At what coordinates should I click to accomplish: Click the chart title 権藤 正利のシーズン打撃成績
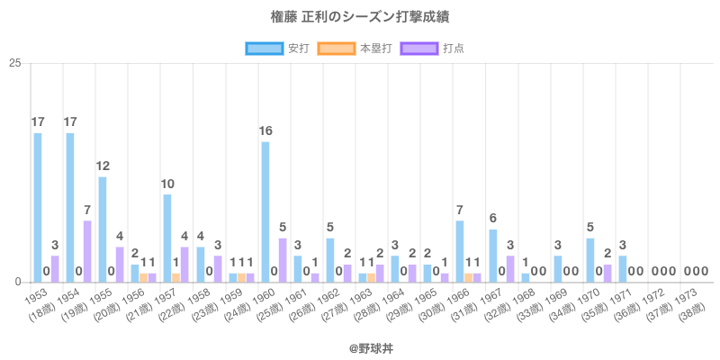tap(360, 17)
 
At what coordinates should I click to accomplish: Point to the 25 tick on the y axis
tap(15, 63)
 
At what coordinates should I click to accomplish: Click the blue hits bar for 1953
tap(38, 207)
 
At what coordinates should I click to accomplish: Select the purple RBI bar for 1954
tap(87, 251)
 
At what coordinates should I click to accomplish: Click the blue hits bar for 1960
tap(265, 211)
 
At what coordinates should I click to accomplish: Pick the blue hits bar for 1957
tap(167, 238)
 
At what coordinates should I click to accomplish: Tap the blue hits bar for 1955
tap(103, 229)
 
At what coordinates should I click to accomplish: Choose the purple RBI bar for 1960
tap(283, 260)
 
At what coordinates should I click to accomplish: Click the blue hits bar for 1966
tap(460, 251)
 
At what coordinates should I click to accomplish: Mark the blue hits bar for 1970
tap(590, 260)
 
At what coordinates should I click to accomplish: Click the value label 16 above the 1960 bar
tap(265, 130)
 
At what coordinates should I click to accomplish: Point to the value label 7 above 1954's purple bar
tap(87, 210)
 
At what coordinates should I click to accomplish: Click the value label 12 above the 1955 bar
tap(103, 166)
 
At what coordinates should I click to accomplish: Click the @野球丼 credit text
tap(360, 345)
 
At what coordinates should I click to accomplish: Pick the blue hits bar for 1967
tap(493, 256)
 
